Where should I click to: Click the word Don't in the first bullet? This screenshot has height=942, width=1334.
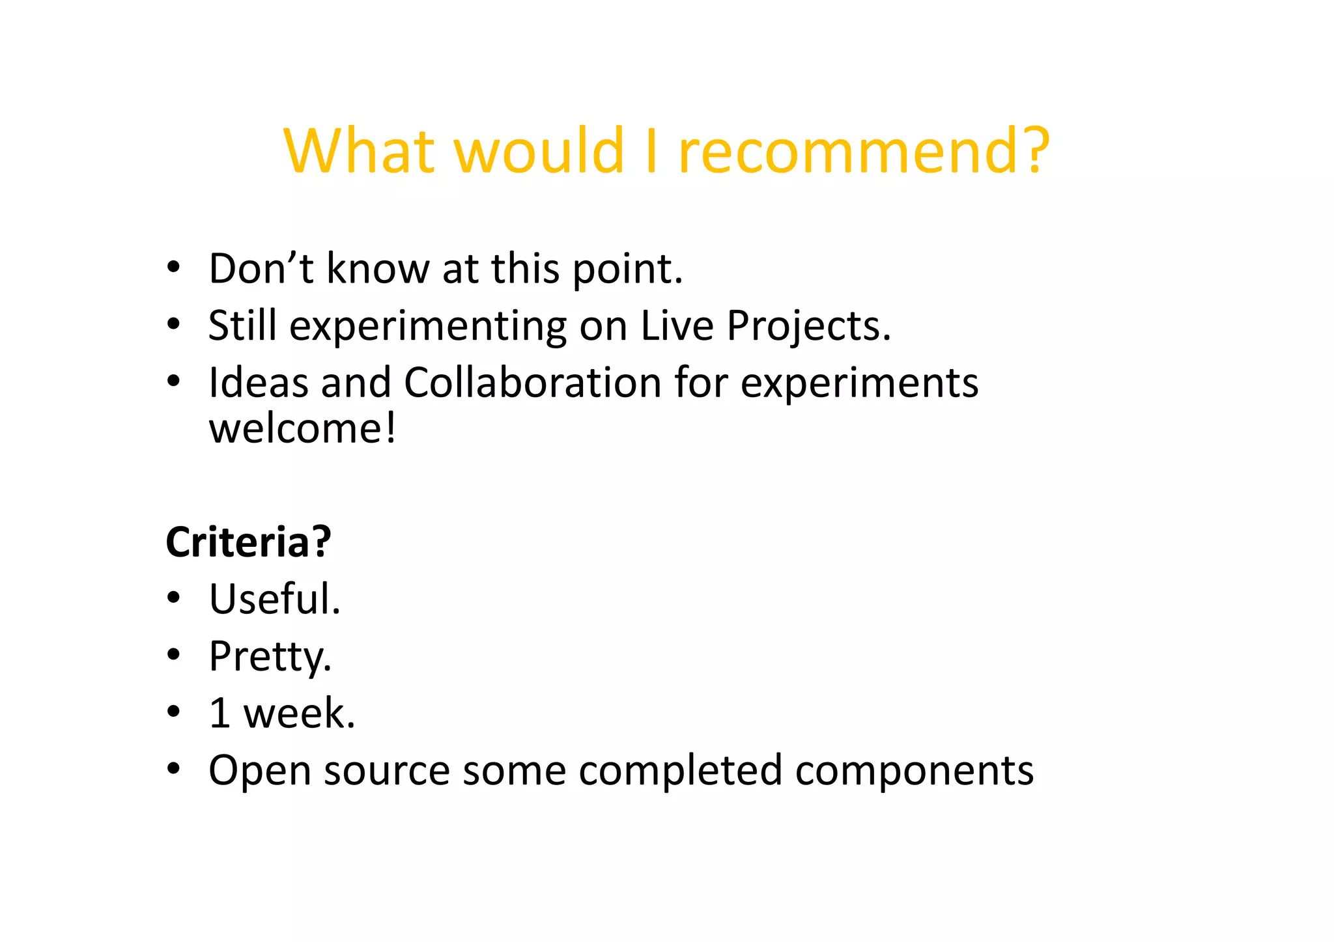coord(261,268)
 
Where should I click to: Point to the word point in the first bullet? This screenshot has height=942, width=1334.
coord(627,270)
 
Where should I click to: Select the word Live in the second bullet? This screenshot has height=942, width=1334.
coord(677,325)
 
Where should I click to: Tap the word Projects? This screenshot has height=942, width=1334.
coord(808,326)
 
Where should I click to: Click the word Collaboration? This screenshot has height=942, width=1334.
coord(532,382)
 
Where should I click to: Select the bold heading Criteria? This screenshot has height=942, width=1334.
coord(248,542)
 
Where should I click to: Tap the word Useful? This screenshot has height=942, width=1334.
coord(274,599)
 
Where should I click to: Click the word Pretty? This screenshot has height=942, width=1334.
coord(269,656)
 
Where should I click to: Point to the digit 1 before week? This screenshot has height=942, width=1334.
coord(220,713)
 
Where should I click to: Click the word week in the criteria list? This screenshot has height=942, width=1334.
coord(298,713)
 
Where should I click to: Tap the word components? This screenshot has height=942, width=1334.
coord(914,771)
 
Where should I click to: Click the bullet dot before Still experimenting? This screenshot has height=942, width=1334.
coord(173,324)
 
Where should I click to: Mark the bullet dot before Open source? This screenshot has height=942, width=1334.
coord(173,769)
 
